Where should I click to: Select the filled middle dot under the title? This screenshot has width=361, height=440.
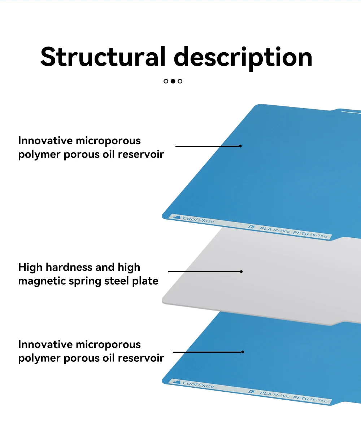[x=173, y=81]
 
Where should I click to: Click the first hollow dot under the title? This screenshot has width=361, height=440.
[x=166, y=81]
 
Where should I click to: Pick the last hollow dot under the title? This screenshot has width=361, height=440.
[x=180, y=81]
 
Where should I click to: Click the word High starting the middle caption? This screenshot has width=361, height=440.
[x=30, y=267]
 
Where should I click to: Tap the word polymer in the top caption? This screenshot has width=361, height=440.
[x=39, y=155]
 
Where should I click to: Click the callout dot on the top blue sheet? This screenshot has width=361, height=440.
[x=240, y=146]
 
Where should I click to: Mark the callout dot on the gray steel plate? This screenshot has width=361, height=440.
[x=241, y=272]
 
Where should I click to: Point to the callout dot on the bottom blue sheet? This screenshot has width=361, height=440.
[x=243, y=352]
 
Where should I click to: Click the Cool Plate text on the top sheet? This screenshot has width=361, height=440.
[x=198, y=220]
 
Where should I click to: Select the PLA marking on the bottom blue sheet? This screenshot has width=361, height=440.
[x=266, y=393]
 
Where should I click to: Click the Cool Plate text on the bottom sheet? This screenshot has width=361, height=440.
[x=198, y=384]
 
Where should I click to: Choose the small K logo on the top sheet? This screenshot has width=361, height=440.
[x=252, y=227]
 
